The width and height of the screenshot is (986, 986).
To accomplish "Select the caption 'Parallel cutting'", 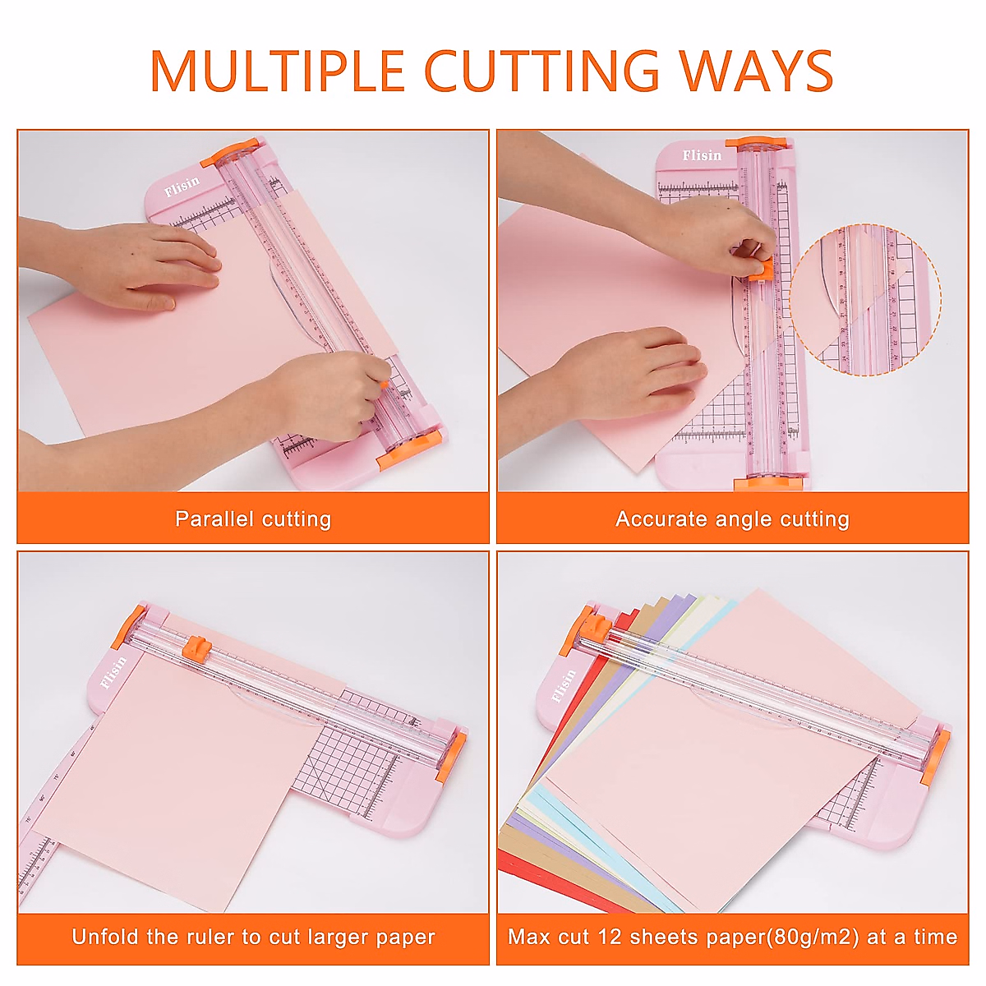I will [x=253, y=519].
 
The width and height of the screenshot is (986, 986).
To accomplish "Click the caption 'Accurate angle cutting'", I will [x=732, y=519].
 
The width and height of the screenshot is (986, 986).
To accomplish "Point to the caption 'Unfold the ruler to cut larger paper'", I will [x=253, y=938].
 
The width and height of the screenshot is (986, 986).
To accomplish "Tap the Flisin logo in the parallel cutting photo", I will [x=182, y=187].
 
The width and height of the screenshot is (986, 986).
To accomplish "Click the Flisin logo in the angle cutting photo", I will [x=702, y=155].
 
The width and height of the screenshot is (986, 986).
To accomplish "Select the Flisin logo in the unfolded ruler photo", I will [x=113, y=672].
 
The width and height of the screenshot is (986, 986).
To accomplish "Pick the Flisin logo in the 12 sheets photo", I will [x=564, y=686].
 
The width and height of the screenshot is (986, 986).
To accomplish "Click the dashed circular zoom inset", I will [x=865, y=300].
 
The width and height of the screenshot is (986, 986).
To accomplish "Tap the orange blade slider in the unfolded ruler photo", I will [x=195, y=647].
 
